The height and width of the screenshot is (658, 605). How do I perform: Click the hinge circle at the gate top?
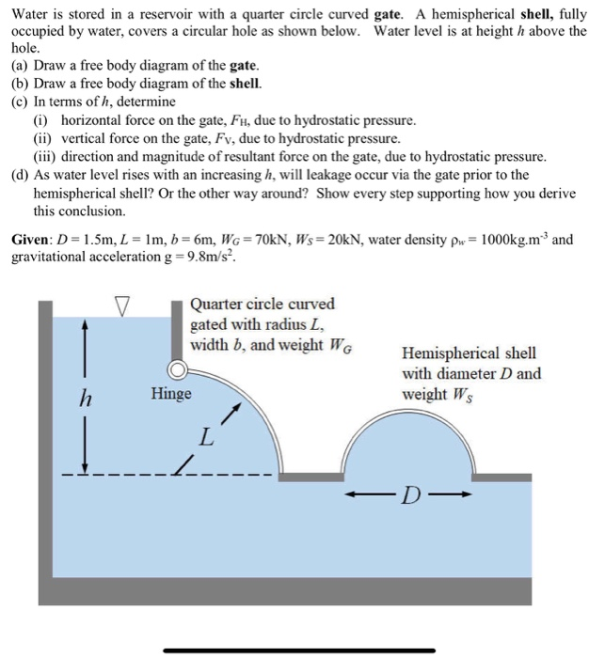coord(177,369)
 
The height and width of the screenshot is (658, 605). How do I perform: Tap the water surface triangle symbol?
coord(120,305)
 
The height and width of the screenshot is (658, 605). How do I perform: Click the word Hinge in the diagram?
coord(170,394)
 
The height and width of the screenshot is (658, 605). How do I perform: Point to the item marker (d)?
coord(20,175)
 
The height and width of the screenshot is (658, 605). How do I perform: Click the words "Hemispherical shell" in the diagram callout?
coord(469,352)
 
